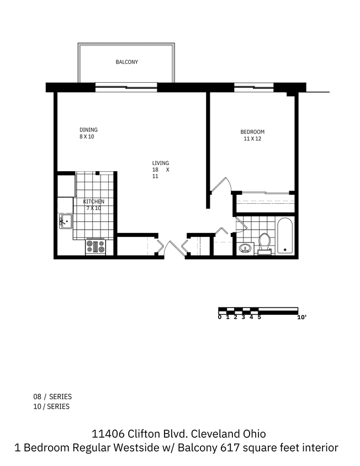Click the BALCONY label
pos(126,62)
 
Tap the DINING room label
pos(88,130)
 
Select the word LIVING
pos(161,163)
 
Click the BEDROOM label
pos(252,132)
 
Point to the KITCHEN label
pos(93,202)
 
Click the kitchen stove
pos(95,246)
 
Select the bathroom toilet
pos(264,242)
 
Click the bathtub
pos(285,236)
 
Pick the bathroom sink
pos(245,248)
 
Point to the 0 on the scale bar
pos(220,317)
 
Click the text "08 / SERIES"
pos(52,396)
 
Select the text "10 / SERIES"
pos(52,406)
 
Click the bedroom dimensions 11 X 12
pos(252,139)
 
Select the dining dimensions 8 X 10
pos(87,137)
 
